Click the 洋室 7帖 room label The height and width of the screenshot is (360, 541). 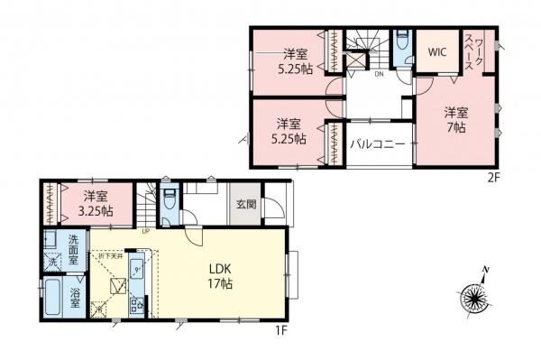(x=455, y=121)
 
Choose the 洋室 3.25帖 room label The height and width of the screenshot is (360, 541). (x=94, y=203)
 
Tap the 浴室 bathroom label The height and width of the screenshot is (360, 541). (x=76, y=299)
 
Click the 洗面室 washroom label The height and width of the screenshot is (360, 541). (x=77, y=245)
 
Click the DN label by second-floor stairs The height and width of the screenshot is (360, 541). (x=379, y=75)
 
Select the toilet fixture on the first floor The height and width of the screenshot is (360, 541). (x=169, y=198)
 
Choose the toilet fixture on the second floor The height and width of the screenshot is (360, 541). (x=401, y=42)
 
